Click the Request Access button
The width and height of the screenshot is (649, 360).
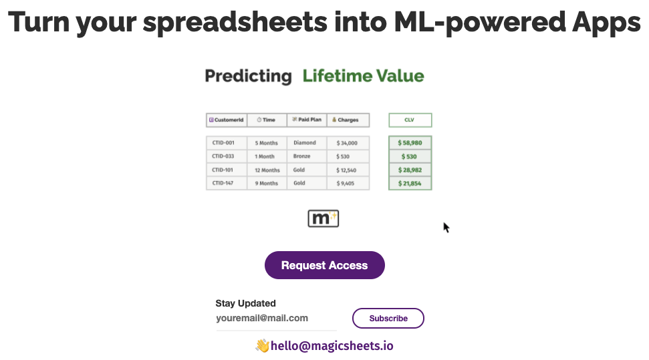(325, 265)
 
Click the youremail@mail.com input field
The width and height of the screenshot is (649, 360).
(276, 318)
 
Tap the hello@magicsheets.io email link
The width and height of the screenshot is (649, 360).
(332, 346)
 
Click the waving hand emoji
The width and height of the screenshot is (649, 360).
(263, 345)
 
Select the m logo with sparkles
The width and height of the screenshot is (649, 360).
(323, 218)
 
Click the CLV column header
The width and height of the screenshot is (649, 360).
(410, 120)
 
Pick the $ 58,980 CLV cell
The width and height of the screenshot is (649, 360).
(410, 143)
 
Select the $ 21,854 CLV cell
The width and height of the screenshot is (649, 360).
(410, 183)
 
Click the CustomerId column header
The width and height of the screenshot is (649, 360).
(227, 120)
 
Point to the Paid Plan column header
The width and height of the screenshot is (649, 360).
(307, 120)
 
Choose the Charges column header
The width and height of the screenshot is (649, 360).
(348, 120)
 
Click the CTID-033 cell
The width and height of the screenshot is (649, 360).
(227, 156)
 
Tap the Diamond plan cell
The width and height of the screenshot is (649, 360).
(307, 143)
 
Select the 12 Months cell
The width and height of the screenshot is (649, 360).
(267, 170)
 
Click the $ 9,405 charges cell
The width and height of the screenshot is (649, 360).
(348, 183)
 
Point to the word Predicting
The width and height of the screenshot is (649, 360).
(249, 76)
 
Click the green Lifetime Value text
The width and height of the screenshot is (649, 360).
(364, 76)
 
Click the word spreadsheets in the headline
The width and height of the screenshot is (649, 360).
(235, 22)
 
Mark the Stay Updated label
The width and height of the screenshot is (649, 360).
(245, 303)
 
